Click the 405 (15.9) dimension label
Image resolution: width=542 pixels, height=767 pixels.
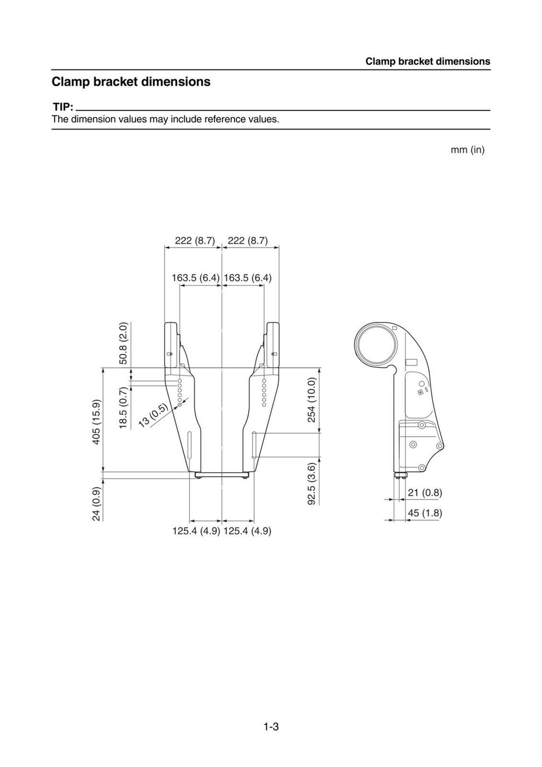pos(96,422)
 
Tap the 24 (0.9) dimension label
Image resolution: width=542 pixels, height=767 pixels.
pos(96,503)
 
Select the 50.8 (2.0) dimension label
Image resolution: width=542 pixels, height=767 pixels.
pos(123,343)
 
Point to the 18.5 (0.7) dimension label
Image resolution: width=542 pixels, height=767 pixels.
pos(123,408)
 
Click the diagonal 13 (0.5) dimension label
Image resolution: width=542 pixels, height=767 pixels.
pos(152,414)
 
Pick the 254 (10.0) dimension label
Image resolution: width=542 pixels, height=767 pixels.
pos(312,400)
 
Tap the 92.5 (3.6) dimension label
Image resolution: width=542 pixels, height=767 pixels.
pos(312,483)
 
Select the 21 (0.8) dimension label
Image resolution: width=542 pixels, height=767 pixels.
pos(424,493)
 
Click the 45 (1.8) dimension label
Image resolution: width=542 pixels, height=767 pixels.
pos(424,513)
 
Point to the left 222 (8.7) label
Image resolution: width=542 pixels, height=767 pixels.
pos(195,241)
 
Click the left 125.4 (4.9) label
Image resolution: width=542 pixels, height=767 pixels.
pos(196,531)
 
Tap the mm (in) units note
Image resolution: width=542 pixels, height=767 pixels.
pos(467,150)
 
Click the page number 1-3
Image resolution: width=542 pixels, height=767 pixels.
pos(271,727)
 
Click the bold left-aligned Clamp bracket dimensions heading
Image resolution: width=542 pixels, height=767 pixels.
pos(131,82)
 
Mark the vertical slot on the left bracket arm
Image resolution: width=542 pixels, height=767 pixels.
pos(189,445)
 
